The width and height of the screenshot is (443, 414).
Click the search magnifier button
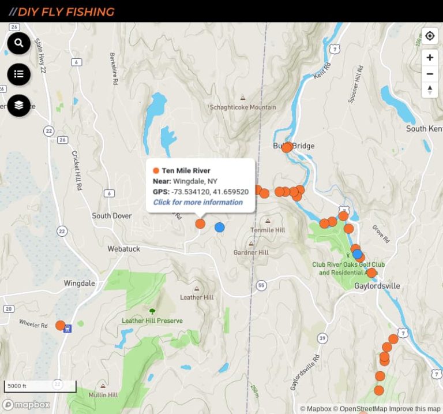(19, 43)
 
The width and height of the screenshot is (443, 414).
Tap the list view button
(19, 74)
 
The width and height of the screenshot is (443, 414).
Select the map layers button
(19, 105)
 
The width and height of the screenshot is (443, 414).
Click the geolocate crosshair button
(430, 36)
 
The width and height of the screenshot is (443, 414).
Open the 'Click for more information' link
(198, 202)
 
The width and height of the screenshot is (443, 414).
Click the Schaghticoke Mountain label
(243, 107)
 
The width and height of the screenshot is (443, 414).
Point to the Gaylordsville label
(377, 286)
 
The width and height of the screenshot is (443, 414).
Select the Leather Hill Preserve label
(152, 320)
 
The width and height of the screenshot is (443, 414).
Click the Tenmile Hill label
(268, 230)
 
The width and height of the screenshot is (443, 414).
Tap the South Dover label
(112, 216)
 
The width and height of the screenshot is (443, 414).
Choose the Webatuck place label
(124, 249)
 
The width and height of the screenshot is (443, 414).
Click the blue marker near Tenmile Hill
(219, 227)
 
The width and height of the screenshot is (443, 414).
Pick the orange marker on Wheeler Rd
(60, 325)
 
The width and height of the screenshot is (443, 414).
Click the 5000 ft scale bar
(40, 386)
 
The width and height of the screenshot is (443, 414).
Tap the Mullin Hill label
(103, 395)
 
